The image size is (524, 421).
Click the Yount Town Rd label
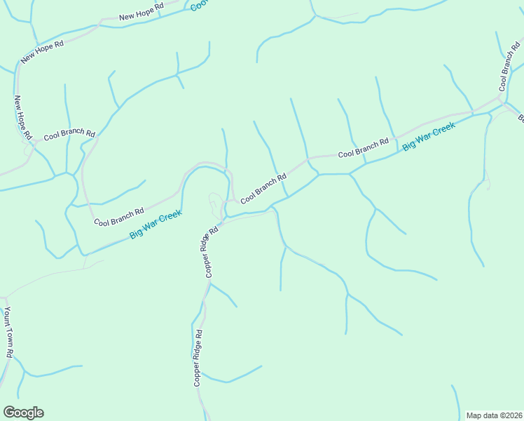(8, 333)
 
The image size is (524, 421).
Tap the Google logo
(23, 413)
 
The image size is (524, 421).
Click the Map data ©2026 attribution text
(494, 415)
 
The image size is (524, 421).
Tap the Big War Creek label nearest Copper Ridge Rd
(156, 225)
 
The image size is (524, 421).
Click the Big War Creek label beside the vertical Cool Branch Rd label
(429, 135)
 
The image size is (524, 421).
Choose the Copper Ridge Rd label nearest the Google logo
(198, 358)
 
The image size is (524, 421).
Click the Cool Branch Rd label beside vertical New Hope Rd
(69, 133)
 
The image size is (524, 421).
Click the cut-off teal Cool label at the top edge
(199, 5)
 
